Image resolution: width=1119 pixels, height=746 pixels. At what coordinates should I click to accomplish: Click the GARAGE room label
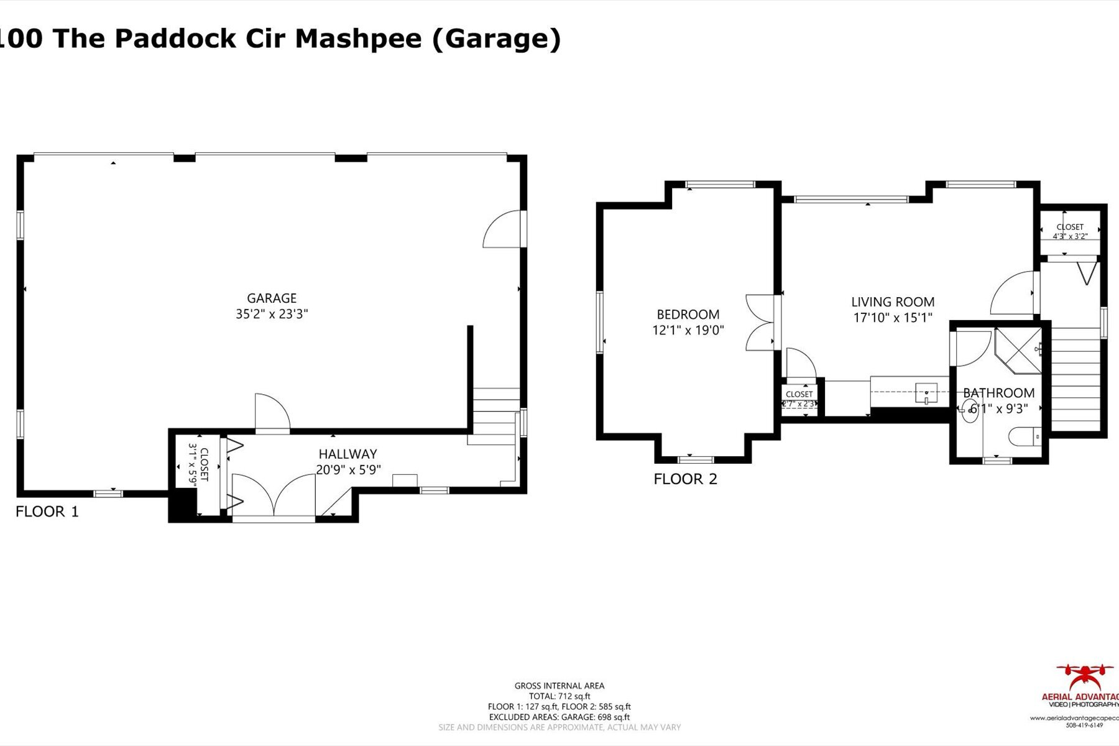click(272, 298)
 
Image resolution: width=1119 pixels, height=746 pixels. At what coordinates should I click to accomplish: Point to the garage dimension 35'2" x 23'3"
click(272, 314)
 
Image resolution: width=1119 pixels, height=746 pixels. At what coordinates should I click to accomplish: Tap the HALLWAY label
click(348, 454)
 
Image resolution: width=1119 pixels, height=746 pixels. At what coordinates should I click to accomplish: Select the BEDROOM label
click(688, 315)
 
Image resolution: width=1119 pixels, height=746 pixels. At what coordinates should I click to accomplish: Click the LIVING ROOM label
click(893, 302)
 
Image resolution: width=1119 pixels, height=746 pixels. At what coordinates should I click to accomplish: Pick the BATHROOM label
click(998, 393)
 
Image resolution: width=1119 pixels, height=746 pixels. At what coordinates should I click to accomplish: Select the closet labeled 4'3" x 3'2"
click(1070, 231)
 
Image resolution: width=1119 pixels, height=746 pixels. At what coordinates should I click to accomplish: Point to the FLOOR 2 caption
click(685, 479)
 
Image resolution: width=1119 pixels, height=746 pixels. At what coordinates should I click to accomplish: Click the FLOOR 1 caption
click(47, 512)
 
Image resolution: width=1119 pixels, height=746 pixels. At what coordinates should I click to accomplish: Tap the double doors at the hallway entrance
click(274, 495)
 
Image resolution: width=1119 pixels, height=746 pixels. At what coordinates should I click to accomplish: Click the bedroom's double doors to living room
click(760, 322)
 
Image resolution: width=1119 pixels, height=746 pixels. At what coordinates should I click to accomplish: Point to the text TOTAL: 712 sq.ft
click(559, 696)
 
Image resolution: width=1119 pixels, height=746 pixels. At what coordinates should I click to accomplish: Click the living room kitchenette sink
click(926, 394)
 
